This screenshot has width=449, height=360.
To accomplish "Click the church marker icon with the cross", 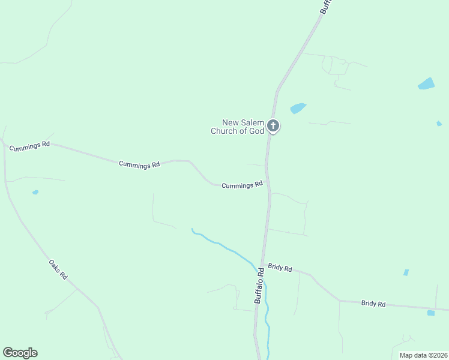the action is (273, 126).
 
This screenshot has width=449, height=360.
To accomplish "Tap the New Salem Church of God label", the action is (238, 127).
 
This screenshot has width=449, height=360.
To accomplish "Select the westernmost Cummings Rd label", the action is (29, 145).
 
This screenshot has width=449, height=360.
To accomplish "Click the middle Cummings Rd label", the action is (139, 164).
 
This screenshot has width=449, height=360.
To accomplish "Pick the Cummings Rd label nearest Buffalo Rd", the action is (242, 185).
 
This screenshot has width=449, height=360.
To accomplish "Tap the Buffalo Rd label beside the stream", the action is (259, 286).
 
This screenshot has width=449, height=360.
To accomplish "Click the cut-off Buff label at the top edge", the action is (325, 7).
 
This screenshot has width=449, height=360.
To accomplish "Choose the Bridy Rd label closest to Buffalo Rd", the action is (280, 268).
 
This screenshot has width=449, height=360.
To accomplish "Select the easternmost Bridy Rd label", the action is (373, 304).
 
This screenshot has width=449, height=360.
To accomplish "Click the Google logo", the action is (20, 353).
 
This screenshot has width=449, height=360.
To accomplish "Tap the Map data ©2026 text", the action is (423, 355).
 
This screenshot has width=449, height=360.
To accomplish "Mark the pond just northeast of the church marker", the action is (298, 108).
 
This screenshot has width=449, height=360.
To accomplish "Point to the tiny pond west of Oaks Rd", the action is (35, 192).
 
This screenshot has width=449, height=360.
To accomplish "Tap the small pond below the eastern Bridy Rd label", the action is (430, 313).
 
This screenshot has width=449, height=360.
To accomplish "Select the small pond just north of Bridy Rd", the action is (406, 272).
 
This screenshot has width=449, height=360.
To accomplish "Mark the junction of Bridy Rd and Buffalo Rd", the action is (262, 264).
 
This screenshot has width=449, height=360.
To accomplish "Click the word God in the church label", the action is (257, 131).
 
